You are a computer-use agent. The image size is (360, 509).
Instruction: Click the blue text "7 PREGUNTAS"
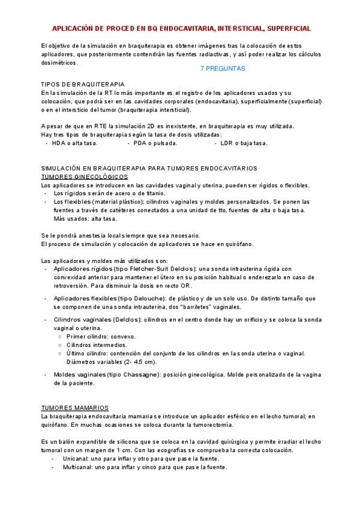[222, 69]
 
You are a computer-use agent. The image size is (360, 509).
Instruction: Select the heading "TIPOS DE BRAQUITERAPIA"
[83, 85]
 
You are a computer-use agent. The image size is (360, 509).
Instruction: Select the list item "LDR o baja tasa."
[244, 143]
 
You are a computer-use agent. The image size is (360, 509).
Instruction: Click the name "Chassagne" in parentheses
[137, 375]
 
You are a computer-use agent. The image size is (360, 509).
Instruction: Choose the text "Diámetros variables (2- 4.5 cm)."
[111, 362]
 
